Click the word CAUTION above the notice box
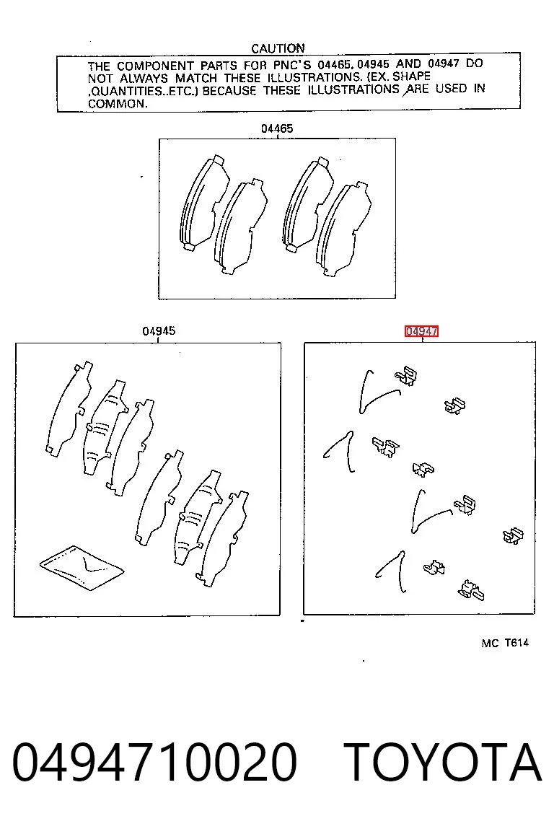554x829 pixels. point(278,48)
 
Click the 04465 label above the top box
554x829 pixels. point(276,128)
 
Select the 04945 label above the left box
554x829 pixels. point(159,331)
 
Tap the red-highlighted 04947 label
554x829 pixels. point(422,331)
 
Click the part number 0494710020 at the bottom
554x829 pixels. point(154,762)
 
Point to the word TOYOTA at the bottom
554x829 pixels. point(443,762)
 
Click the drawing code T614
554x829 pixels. point(516,643)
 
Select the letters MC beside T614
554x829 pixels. point(490,644)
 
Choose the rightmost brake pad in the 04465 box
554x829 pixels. point(344,229)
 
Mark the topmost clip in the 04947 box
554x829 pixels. point(406,377)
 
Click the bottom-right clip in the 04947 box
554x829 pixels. point(471,590)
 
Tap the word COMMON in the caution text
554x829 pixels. point(118,104)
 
